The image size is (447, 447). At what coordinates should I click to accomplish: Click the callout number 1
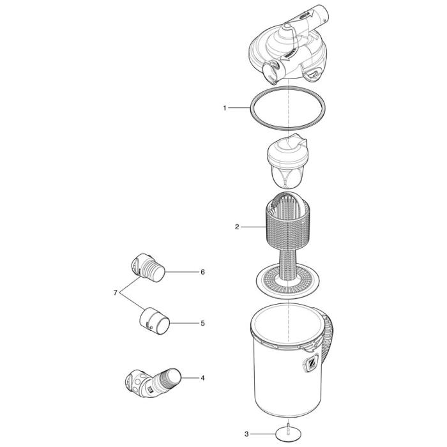pos(225,109)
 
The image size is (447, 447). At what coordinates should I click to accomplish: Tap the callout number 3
pos(247,434)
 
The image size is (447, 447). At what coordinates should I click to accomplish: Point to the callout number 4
pos(202,378)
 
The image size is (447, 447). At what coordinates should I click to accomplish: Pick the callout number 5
pos(202,323)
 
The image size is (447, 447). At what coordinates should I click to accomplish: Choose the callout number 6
pos(202,272)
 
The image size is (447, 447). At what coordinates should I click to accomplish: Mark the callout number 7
pos(116,292)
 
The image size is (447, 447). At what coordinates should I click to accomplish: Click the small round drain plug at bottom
pos(287,434)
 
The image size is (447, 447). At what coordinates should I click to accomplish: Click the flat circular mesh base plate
pos(287,280)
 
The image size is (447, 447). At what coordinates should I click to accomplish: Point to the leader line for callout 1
pos(239,109)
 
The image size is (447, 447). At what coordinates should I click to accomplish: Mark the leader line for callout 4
pos(190,378)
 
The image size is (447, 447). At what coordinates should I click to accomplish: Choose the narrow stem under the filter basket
pos(287,262)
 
